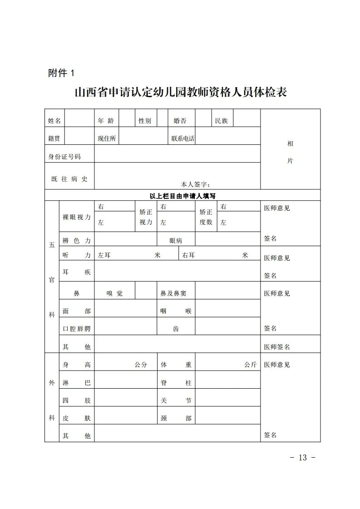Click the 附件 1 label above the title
coord(60,73)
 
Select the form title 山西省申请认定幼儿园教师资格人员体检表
coord(181,93)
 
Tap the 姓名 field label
coord(54,121)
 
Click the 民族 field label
coord(222,121)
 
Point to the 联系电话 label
coord(182,138)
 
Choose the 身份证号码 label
coord(64,157)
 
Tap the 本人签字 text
coord(195,184)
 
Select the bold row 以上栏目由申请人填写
coord(182,196)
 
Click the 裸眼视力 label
coord(76,217)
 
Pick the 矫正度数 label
coord(206,217)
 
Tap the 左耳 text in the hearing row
coord(104,256)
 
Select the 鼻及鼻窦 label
coord(173,294)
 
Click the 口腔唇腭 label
coord(76,329)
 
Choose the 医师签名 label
coord(277,347)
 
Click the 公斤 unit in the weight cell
coord(250,365)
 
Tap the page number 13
coord(303,457)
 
